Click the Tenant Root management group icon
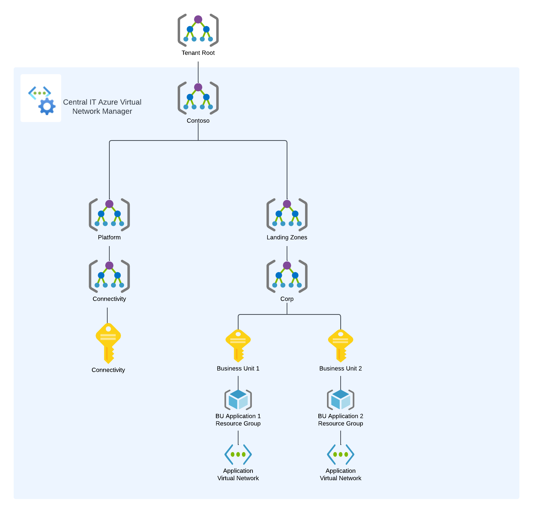(198, 30)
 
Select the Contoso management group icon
(198, 98)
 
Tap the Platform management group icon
(109, 215)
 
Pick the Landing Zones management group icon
(287, 215)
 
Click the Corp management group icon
(287, 276)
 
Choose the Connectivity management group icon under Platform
(109, 276)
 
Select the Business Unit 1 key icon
(238, 345)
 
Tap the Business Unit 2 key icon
(341, 345)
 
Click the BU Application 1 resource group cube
(238, 400)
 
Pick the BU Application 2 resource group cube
(341, 400)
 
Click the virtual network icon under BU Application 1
(238, 455)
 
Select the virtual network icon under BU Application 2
(341, 455)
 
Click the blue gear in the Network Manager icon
(47, 106)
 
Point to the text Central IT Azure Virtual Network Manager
(102, 107)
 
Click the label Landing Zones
(287, 238)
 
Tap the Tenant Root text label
(198, 53)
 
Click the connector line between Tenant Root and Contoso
(198, 72)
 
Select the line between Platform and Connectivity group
(109, 253)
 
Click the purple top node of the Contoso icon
(198, 87)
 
